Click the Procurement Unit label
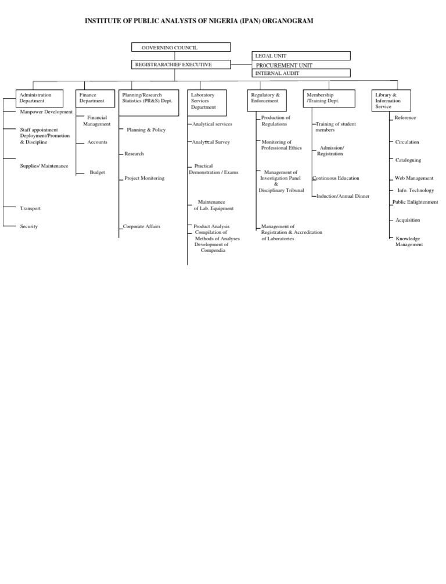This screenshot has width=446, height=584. coord(284,65)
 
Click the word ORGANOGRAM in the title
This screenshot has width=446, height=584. coord(287,21)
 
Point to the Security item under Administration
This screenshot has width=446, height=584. coord(28,226)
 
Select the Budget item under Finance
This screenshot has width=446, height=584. coord(97,172)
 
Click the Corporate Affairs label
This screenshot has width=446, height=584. coord(142,226)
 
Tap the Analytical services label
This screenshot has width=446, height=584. coord(212,124)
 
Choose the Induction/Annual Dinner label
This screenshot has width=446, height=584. coord(343,196)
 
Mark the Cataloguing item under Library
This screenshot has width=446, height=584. coord(408,160)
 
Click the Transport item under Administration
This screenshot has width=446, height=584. coord(30,208)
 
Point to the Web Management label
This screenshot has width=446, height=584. coord(414,178)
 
